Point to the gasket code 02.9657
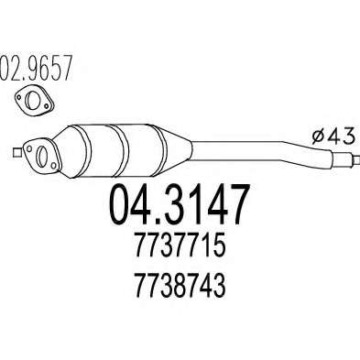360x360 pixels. click(36, 68)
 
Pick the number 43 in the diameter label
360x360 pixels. click(343, 136)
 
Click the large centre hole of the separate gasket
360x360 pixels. click(32, 98)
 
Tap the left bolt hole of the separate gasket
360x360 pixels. click(19, 97)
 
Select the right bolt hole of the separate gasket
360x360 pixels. click(46, 105)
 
